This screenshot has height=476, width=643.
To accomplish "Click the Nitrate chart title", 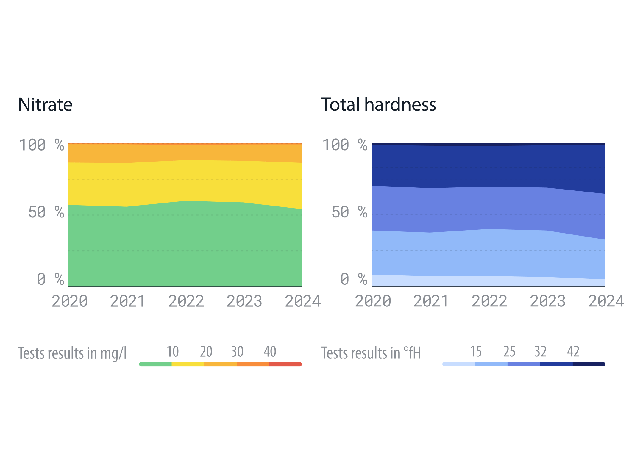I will [45, 105].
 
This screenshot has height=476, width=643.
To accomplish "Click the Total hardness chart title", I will [378, 105].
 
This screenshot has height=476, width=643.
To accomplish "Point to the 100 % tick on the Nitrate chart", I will [41, 145].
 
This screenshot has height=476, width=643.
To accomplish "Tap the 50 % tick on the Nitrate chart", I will [46, 212].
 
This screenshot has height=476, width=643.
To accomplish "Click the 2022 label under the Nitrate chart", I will [186, 301].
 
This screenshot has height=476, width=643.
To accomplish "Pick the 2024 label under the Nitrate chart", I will [303, 301].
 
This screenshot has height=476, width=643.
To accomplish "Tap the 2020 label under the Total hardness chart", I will [373, 301].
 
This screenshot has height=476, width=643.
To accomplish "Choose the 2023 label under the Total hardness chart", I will [547, 301].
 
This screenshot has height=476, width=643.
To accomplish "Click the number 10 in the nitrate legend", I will [173, 352].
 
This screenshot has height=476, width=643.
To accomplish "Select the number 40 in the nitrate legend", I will [270, 352].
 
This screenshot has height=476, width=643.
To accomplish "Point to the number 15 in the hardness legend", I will [476, 352].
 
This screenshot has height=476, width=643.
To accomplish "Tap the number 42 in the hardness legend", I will [573, 352].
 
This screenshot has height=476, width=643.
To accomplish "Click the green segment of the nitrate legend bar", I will [155, 364].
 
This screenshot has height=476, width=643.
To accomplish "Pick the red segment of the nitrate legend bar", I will [285, 364].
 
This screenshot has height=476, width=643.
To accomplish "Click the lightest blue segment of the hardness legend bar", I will [459, 364].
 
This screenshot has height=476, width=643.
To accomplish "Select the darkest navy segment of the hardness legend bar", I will [589, 364].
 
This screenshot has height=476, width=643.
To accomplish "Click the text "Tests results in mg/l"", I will [72, 353].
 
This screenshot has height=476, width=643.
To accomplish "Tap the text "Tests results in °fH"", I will [371, 353].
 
